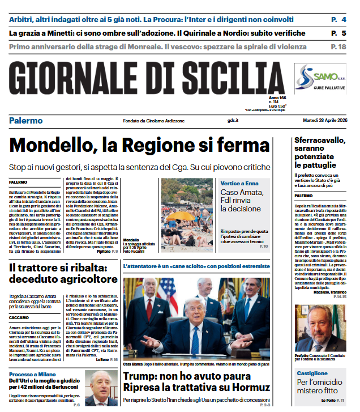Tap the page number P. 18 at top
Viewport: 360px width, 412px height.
(x=338, y=46)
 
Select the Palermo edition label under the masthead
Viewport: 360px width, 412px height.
(x=26, y=121)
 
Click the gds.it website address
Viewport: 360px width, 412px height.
(x=233, y=121)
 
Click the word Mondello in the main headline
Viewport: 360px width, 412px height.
(x=54, y=145)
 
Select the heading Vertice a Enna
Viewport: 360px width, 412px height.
(x=239, y=184)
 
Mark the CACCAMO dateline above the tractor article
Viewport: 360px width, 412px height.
(x=19, y=318)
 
